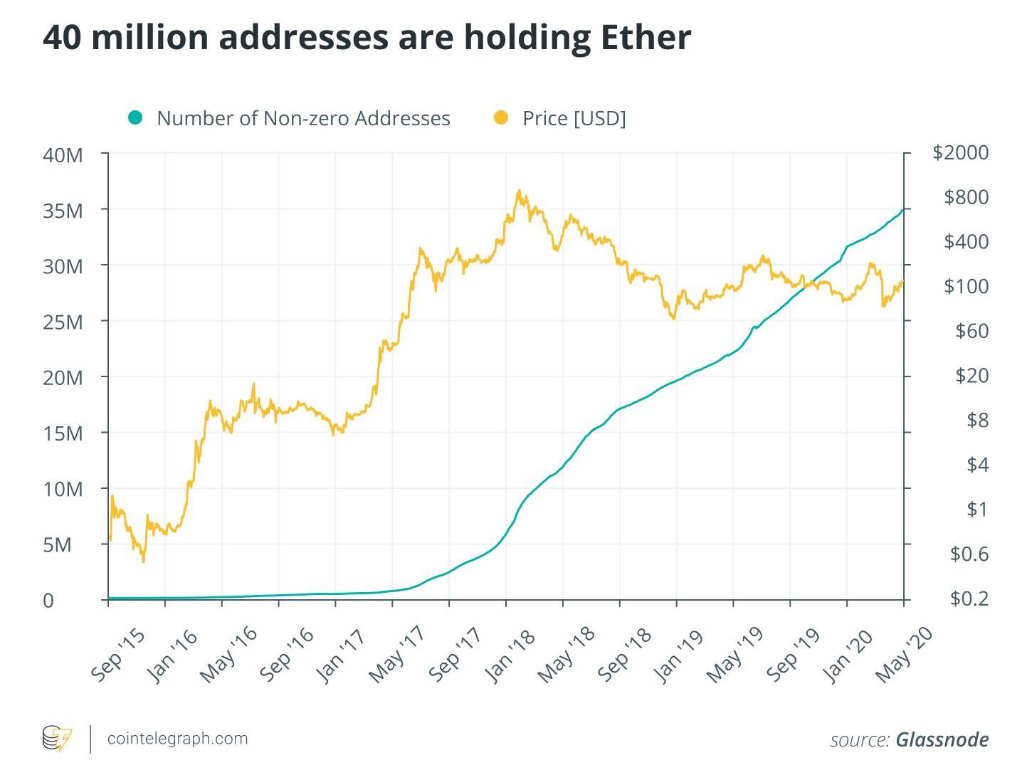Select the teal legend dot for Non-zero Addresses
click(x=135, y=117)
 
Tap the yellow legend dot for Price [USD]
click(x=501, y=117)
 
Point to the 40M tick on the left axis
click(x=63, y=154)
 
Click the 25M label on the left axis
click(x=63, y=322)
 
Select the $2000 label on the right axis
click(x=960, y=152)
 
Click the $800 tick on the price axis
click(x=966, y=197)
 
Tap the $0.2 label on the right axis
click(x=969, y=599)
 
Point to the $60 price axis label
click(x=971, y=331)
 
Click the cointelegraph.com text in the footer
click(x=177, y=739)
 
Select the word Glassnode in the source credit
click(x=942, y=740)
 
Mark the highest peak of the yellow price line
click(x=519, y=191)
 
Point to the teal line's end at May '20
click(x=903, y=209)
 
